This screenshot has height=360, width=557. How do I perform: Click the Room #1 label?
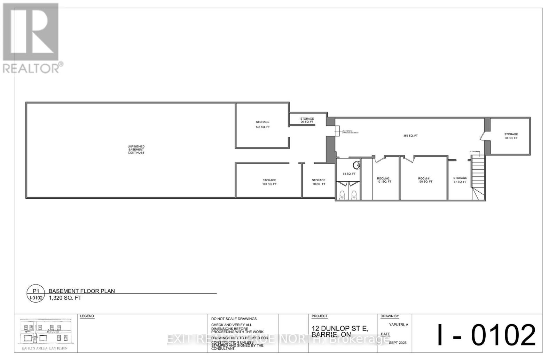[x=425, y=180]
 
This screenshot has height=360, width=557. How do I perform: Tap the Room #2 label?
[x=384, y=180]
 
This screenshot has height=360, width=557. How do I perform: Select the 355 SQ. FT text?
[x=410, y=136]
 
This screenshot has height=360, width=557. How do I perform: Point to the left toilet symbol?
[x=342, y=195]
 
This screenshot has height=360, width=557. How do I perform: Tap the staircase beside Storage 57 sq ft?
[x=478, y=177]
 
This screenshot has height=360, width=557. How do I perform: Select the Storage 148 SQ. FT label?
[x=262, y=125]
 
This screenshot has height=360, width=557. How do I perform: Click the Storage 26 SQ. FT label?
[x=307, y=120]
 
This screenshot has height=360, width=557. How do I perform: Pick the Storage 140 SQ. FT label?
[x=269, y=182]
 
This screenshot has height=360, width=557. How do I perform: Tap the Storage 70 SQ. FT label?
[x=319, y=182]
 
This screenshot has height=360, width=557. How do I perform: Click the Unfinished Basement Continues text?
[x=136, y=150]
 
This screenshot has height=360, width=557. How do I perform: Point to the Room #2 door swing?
[x=379, y=160]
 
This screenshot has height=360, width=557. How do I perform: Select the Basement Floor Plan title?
[x=82, y=291]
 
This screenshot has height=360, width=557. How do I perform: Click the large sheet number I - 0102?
[x=486, y=334]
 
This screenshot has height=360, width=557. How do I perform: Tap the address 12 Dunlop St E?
[x=340, y=328]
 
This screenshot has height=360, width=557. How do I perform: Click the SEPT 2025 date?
[x=398, y=343]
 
